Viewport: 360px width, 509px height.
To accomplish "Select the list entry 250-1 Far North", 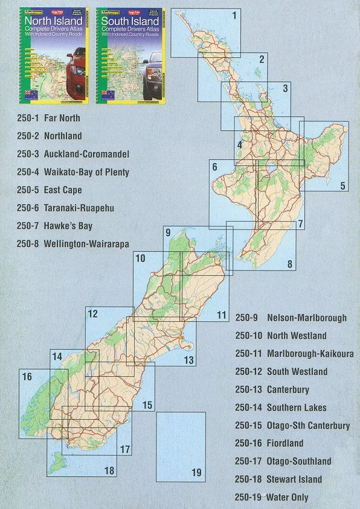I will coord(49,118).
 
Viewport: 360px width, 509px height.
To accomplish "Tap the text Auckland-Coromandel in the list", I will coord(86,154).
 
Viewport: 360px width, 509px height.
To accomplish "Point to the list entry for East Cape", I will coord(63,190).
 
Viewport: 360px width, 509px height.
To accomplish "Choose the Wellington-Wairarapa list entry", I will coord(86,245).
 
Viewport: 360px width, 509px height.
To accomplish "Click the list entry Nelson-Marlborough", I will coord(307,318).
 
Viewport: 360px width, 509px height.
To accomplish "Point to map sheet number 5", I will coord(342,186).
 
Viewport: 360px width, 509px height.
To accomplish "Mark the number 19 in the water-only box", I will coord(196,473).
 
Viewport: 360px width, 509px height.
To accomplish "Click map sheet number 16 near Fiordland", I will coord(27,377).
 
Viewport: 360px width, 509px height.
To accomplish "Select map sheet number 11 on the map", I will coord(222,315).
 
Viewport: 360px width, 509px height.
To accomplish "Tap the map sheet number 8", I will coord(290,264).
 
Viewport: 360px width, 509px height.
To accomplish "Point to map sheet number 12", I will coord(92,314).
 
